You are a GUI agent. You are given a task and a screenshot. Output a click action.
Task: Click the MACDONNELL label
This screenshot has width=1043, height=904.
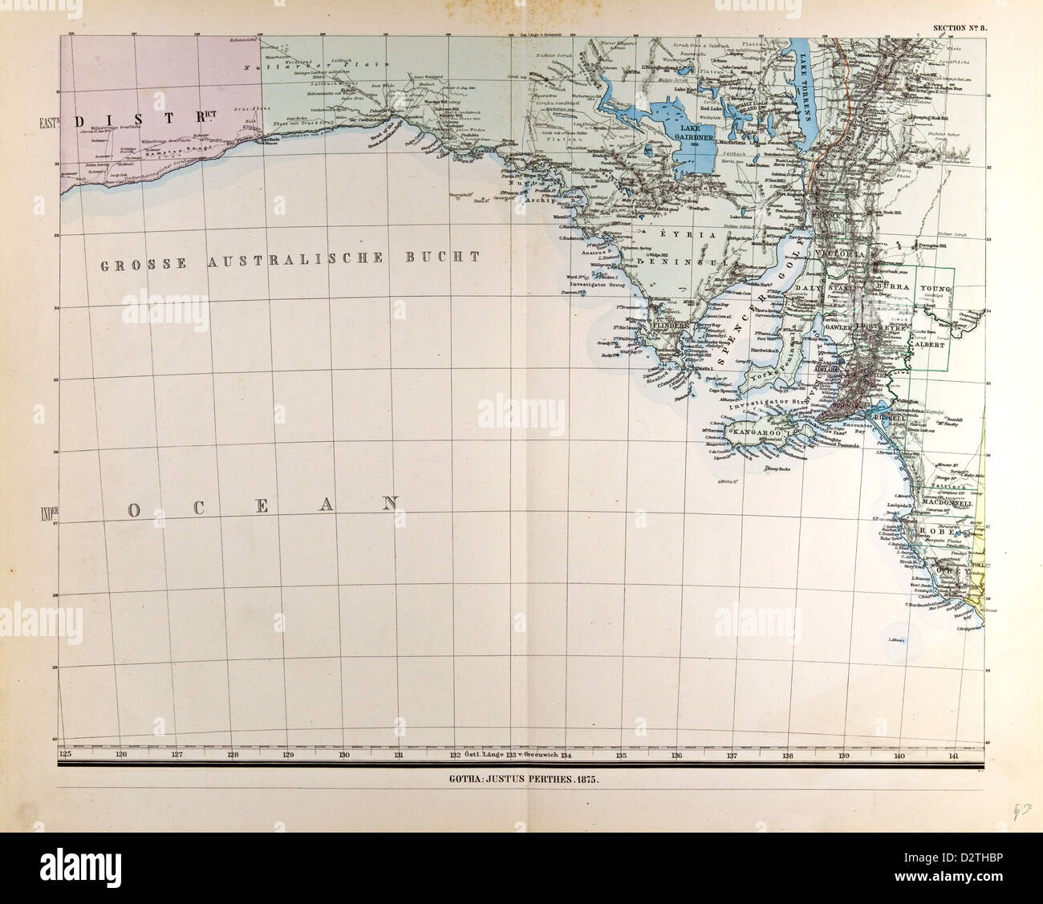point(948,504)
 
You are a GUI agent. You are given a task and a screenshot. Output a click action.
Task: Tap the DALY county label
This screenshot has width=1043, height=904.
point(807,286)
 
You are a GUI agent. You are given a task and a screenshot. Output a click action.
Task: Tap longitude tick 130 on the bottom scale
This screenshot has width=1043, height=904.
point(343,755)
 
